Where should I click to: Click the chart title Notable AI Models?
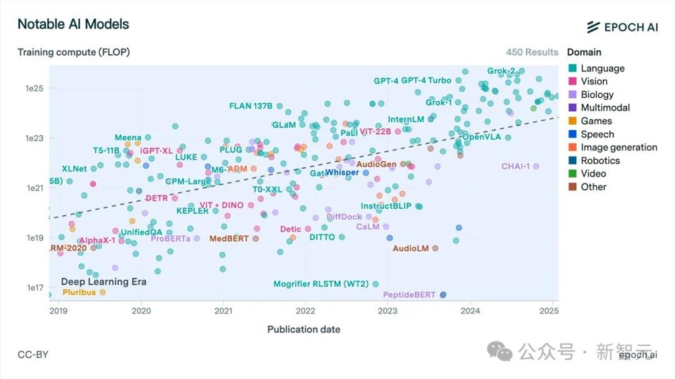pyautogui.click(x=73, y=24)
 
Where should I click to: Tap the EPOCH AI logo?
pyautogui.click(x=622, y=27)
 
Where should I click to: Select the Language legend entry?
pyautogui.click(x=602, y=68)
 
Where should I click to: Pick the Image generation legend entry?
pyautogui.click(x=618, y=147)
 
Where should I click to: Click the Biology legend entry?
pyautogui.click(x=597, y=94)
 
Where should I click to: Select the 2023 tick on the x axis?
pyautogui.click(x=387, y=311)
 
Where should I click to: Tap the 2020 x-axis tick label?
pyautogui.click(x=141, y=311)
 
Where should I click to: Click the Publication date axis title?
pyautogui.click(x=304, y=329)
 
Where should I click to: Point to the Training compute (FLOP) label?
pyautogui.click(x=74, y=52)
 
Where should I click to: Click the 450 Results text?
pyautogui.click(x=532, y=52)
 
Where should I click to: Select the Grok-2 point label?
pyautogui.click(x=501, y=71)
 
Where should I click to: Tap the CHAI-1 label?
pyautogui.click(x=516, y=166)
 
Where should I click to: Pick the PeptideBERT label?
pyautogui.click(x=409, y=295)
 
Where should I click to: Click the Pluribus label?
pyautogui.click(x=80, y=292)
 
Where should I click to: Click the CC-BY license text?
pyautogui.click(x=33, y=355)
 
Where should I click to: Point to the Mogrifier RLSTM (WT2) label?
pyautogui.click(x=321, y=284)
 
